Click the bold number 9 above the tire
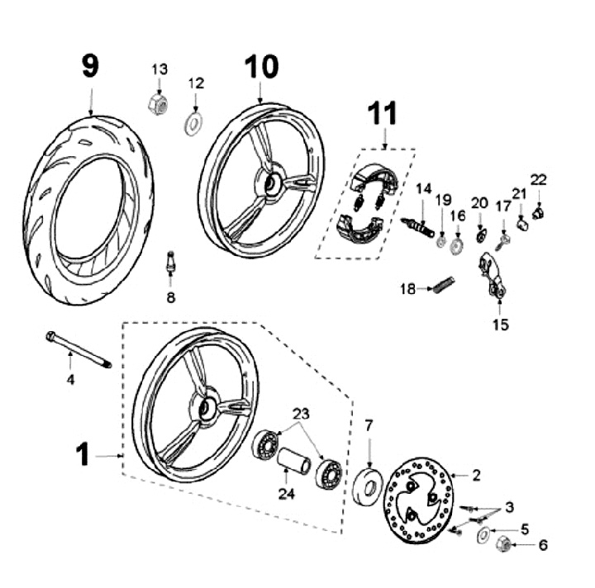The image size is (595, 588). tap(90, 65)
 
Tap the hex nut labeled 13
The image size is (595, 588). tap(157, 103)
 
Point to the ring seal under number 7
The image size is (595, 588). tap(368, 487)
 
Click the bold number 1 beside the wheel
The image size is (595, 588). tap(82, 455)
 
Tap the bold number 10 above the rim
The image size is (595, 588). tap(260, 67)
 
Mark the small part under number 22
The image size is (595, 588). tap(539, 214)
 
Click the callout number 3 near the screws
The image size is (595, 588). tap(510, 506)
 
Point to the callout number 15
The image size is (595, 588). tap(501, 325)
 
